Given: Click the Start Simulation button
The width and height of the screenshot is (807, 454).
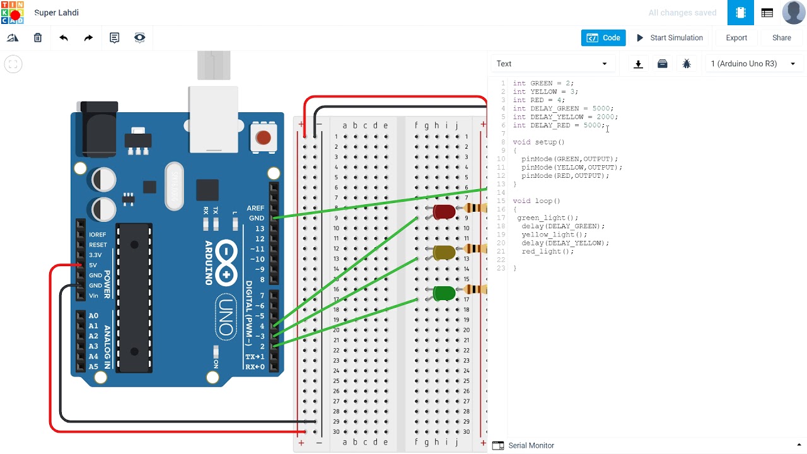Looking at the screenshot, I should click(670, 38).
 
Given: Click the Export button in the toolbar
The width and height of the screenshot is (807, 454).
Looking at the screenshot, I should click(736, 38).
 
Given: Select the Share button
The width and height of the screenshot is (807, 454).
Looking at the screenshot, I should click(781, 38).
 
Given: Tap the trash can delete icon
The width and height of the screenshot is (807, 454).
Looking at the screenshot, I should click(38, 38).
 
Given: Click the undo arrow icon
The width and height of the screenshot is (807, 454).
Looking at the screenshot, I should click(64, 38).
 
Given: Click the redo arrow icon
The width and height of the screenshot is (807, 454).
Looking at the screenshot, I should click(88, 38).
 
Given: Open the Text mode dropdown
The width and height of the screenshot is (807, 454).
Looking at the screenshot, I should click(552, 64).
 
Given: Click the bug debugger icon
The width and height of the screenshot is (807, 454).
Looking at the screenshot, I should click(687, 64).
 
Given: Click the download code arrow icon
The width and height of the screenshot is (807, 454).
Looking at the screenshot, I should click(638, 64).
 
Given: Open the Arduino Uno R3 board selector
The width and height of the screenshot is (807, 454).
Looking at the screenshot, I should click(753, 64).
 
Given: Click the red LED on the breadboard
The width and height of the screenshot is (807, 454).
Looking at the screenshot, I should click(444, 212).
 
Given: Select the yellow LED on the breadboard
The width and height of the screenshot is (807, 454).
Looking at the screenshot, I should click(444, 252).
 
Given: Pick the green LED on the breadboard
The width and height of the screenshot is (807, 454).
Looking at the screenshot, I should click(444, 293).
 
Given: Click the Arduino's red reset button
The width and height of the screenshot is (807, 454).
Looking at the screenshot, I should click(264, 137).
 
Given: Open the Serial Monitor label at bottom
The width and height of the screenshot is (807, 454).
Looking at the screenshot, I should click(531, 445).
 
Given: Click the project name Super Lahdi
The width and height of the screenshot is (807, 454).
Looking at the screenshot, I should click(56, 13).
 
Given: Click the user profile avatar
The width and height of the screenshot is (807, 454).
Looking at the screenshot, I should click(793, 13).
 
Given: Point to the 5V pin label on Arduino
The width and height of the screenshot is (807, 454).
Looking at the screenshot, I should click(93, 265).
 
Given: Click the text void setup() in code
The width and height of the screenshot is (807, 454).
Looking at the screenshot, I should click(538, 143).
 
